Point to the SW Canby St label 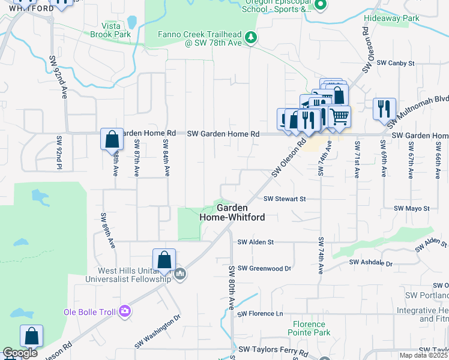[396, 63]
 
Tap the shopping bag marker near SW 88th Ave [112, 140]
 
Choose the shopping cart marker [339, 116]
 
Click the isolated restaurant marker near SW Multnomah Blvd [384, 109]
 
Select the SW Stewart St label [285, 199]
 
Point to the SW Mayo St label [411, 208]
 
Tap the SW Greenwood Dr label [264, 268]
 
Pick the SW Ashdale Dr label [371, 263]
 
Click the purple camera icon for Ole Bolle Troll [125, 311]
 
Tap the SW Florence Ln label [260, 314]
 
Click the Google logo [20, 353]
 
